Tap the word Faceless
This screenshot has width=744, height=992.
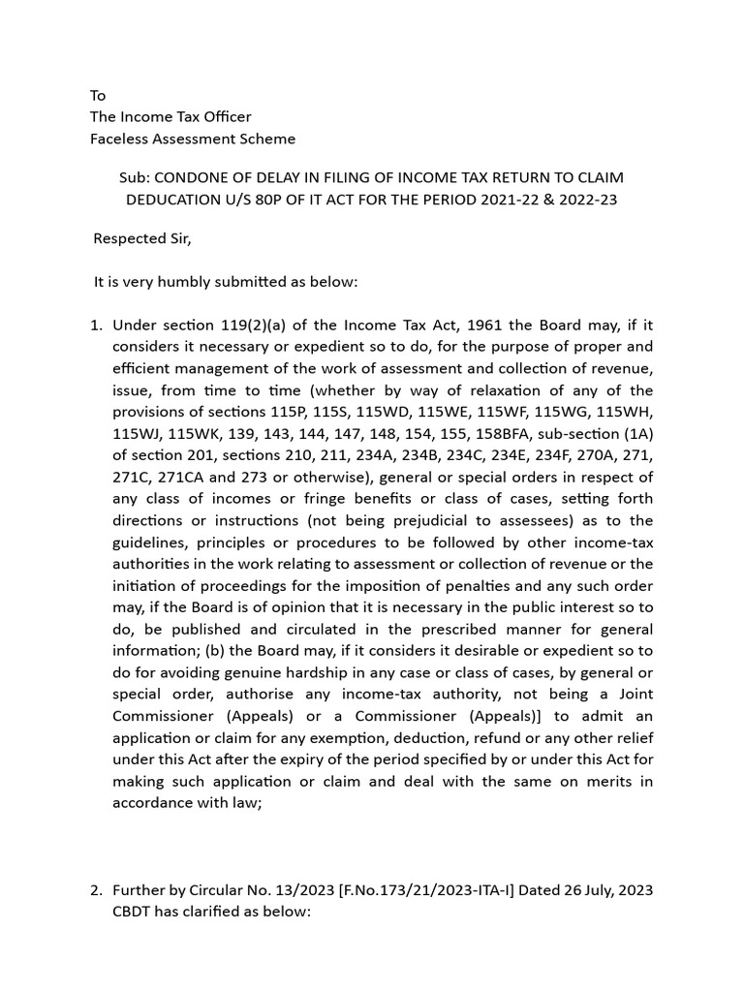pyautogui.click(x=119, y=139)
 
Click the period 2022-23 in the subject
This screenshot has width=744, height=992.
pyautogui.click(x=587, y=200)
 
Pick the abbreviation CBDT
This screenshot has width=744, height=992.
pyautogui.click(x=135, y=912)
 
